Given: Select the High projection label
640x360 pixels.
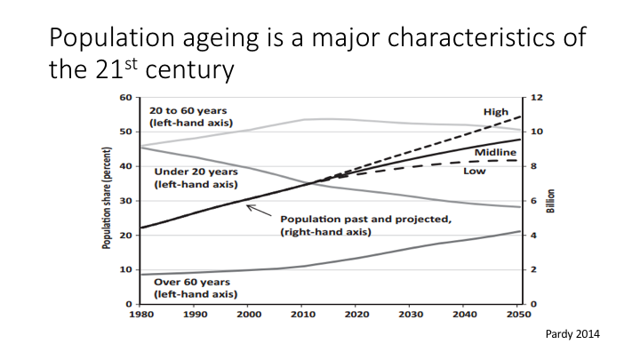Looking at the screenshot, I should (495, 112).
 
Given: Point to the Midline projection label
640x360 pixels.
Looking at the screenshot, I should (500, 153).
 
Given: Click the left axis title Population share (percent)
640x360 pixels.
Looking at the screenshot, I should (106, 200).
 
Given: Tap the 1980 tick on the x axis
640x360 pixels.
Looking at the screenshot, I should (140, 315).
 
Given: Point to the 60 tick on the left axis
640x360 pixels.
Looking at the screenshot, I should (126, 97).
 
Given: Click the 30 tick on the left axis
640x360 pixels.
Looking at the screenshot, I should (126, 201).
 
